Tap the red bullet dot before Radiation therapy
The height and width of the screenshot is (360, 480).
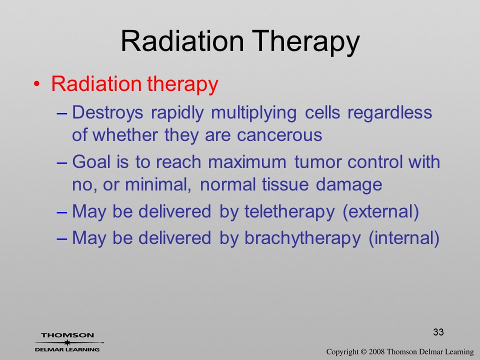(x=36, y=84)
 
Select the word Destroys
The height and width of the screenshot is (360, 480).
(x=107, y=113)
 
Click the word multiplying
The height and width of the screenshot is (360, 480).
(x=254, y=113)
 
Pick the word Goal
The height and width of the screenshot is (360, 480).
(x=91, y=161)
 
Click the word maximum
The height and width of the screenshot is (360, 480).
(x=247, y=162)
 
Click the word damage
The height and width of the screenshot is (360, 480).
(x=348, y=185)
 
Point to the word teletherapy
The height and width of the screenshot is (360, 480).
(x=289, y=212)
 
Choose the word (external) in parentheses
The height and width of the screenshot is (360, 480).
(x=380, y=212)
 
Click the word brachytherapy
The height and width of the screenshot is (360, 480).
(x=302, y=238)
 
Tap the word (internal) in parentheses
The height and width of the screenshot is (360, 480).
(x=404, y=238)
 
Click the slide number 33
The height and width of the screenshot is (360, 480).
(x=438, y=332)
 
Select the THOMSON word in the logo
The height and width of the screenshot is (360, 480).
(x=67, y=335)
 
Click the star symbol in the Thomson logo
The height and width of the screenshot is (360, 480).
(x=67, y=342)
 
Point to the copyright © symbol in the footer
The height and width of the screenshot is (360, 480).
(x=363, y=352)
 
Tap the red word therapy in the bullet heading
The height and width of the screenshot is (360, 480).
(x=182, y=83)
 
